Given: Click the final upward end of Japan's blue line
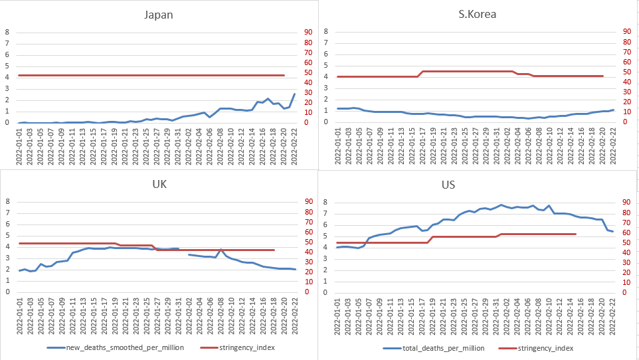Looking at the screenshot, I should click(294, 94).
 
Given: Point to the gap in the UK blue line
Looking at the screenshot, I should click(184, 251).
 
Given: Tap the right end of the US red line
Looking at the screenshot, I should click(575, 234).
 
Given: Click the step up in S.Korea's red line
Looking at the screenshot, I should click(420, 74).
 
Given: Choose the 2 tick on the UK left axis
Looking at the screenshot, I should click(8, 270).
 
